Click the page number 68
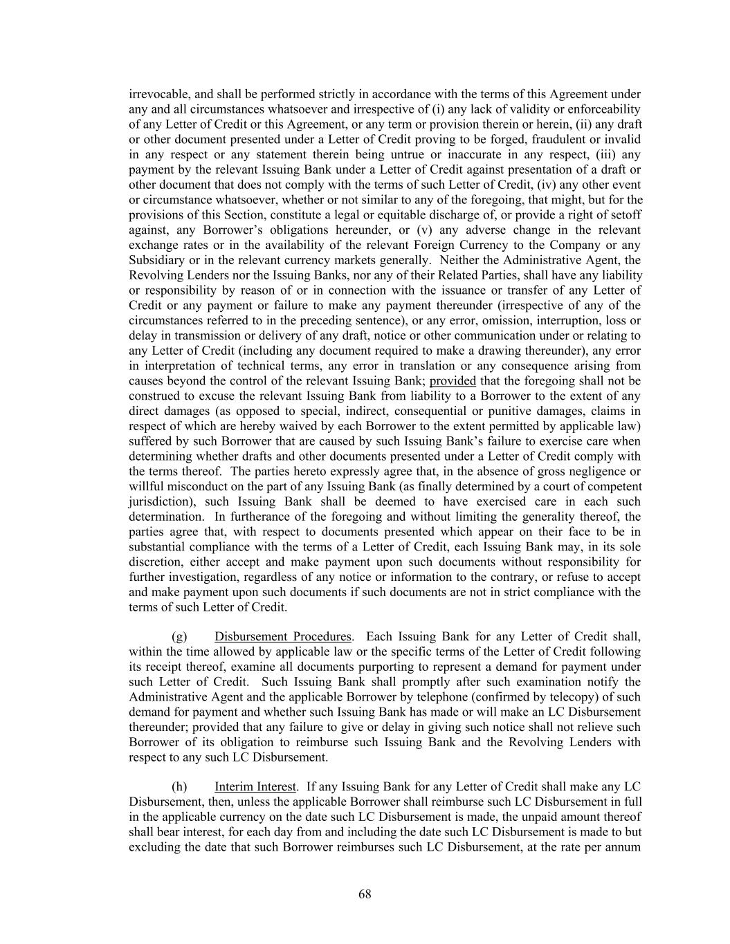coord(365,894)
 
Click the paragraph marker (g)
coord(179,636)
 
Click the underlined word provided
coord(453,381)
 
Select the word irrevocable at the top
coord(157,94)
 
